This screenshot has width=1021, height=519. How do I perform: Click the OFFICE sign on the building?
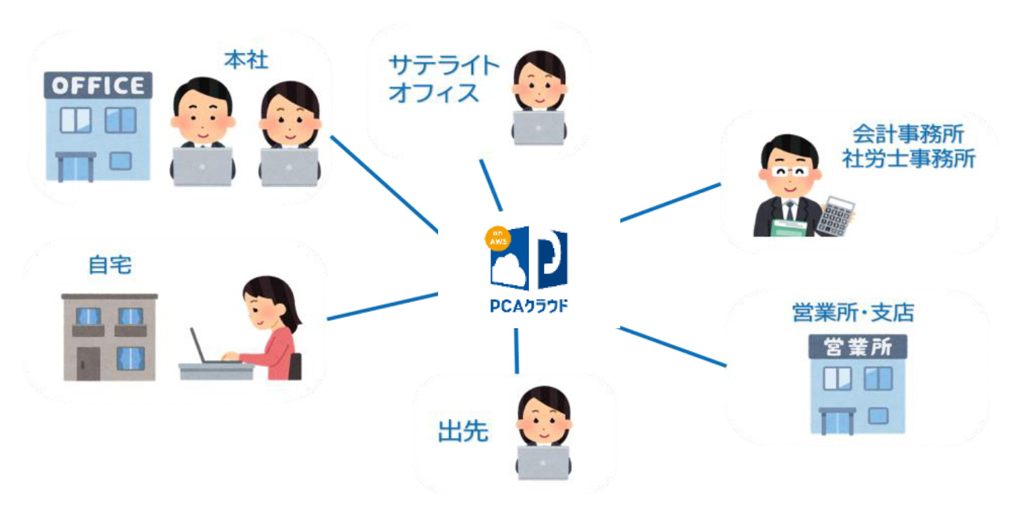98,85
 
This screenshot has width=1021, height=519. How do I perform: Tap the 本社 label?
246,60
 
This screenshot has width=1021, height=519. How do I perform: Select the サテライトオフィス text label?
443,79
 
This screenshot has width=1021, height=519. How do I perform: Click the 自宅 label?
110,265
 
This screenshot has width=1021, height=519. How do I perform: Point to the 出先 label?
463,431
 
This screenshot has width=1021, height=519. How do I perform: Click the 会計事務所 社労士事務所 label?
908,146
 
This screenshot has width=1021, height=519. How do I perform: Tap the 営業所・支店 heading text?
852,313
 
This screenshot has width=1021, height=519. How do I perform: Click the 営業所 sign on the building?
857,347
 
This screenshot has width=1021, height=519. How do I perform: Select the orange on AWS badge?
498,238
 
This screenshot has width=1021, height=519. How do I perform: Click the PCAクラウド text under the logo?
528,306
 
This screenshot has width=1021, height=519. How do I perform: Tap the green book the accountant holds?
788,228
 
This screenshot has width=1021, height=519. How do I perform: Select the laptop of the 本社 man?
202,166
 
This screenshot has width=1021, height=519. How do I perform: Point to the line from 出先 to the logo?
516,351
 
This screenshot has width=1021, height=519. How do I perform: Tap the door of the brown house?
88,364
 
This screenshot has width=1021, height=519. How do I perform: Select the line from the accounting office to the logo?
670,202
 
